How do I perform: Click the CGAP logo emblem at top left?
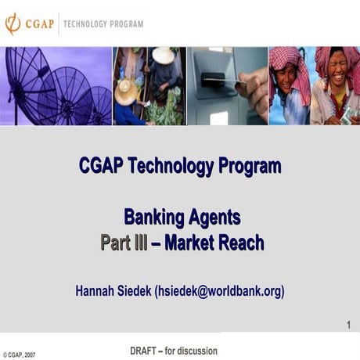(x=13, y=23)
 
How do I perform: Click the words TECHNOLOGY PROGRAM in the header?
(x=103, y=24)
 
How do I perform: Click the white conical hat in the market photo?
(x=164, y=56)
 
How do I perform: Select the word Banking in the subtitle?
(x=153, y=217)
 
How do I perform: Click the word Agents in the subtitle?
(x=213, y=217)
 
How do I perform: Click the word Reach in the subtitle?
(x=240, y=243)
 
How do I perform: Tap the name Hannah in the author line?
(x=95, y=290)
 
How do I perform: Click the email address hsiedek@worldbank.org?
(x=220, y=290)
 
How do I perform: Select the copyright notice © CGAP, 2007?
(x=19, y=355)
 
